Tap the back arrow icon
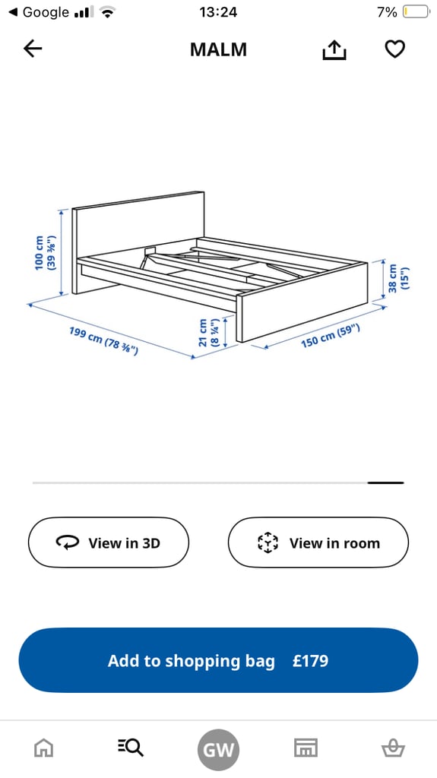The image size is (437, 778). pyautogui.click(x=33, y=49)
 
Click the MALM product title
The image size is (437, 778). pyautogui.click(x=218, y=49)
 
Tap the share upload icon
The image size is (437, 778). pyautogui.click(x=334, y=50)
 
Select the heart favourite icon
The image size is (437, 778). pyautogui.click(x=394, y=49)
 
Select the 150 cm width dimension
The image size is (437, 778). pyautogui.click(x=330, y=335)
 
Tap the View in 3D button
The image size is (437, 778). pyautogui.click(x=109, y=542)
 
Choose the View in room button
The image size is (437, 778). pyautogui.click(x=318, y=542)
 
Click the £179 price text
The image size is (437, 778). pyautogui.click(x=311, y=661)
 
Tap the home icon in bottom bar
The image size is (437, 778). pyautogui.click(x=43, y=748)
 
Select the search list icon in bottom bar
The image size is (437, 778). pyautogui.click(x=131, y=748)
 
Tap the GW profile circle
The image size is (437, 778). pyautogui.click(x=218, y=751)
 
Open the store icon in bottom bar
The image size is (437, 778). pyautogui.click(x=306, y=748)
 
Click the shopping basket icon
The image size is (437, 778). pyautogui.click(x=393, y=748)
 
